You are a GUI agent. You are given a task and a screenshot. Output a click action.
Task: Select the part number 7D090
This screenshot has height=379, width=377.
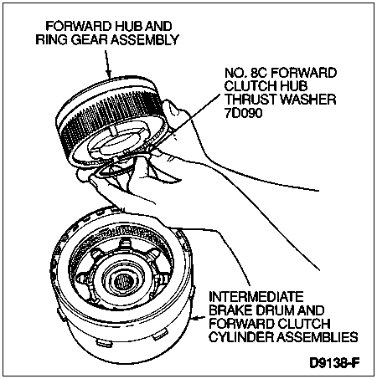tap(244, 113)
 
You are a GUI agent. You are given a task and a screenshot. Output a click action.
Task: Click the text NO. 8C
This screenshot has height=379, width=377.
tap(246, 73)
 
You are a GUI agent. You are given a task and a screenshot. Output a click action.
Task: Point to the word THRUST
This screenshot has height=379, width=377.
tap(250, 100)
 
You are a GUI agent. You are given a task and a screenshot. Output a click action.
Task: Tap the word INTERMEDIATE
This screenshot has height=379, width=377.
tap(256, 296)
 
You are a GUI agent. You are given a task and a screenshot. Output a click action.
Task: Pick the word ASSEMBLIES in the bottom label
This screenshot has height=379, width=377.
tap(317, 337)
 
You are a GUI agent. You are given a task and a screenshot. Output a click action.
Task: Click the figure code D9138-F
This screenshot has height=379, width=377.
tap(334, 363)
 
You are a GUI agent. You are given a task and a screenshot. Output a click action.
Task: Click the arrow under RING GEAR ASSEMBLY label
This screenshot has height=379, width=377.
tap(107, 64)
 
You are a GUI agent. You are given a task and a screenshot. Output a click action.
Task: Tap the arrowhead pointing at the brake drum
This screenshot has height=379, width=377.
tap(197, 318)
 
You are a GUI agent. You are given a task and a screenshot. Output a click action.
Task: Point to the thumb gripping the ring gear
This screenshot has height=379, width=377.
tap(175, 111)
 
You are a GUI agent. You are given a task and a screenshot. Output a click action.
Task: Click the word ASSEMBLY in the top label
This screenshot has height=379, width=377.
tap(145, 39)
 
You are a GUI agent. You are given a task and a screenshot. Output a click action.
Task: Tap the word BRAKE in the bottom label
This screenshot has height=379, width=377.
tap(229, 310)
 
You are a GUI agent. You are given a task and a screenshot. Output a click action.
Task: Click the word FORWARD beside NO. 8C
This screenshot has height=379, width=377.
tap(304, 73)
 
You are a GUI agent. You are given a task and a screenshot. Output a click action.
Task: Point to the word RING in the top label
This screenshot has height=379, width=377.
tap(51, 39)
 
